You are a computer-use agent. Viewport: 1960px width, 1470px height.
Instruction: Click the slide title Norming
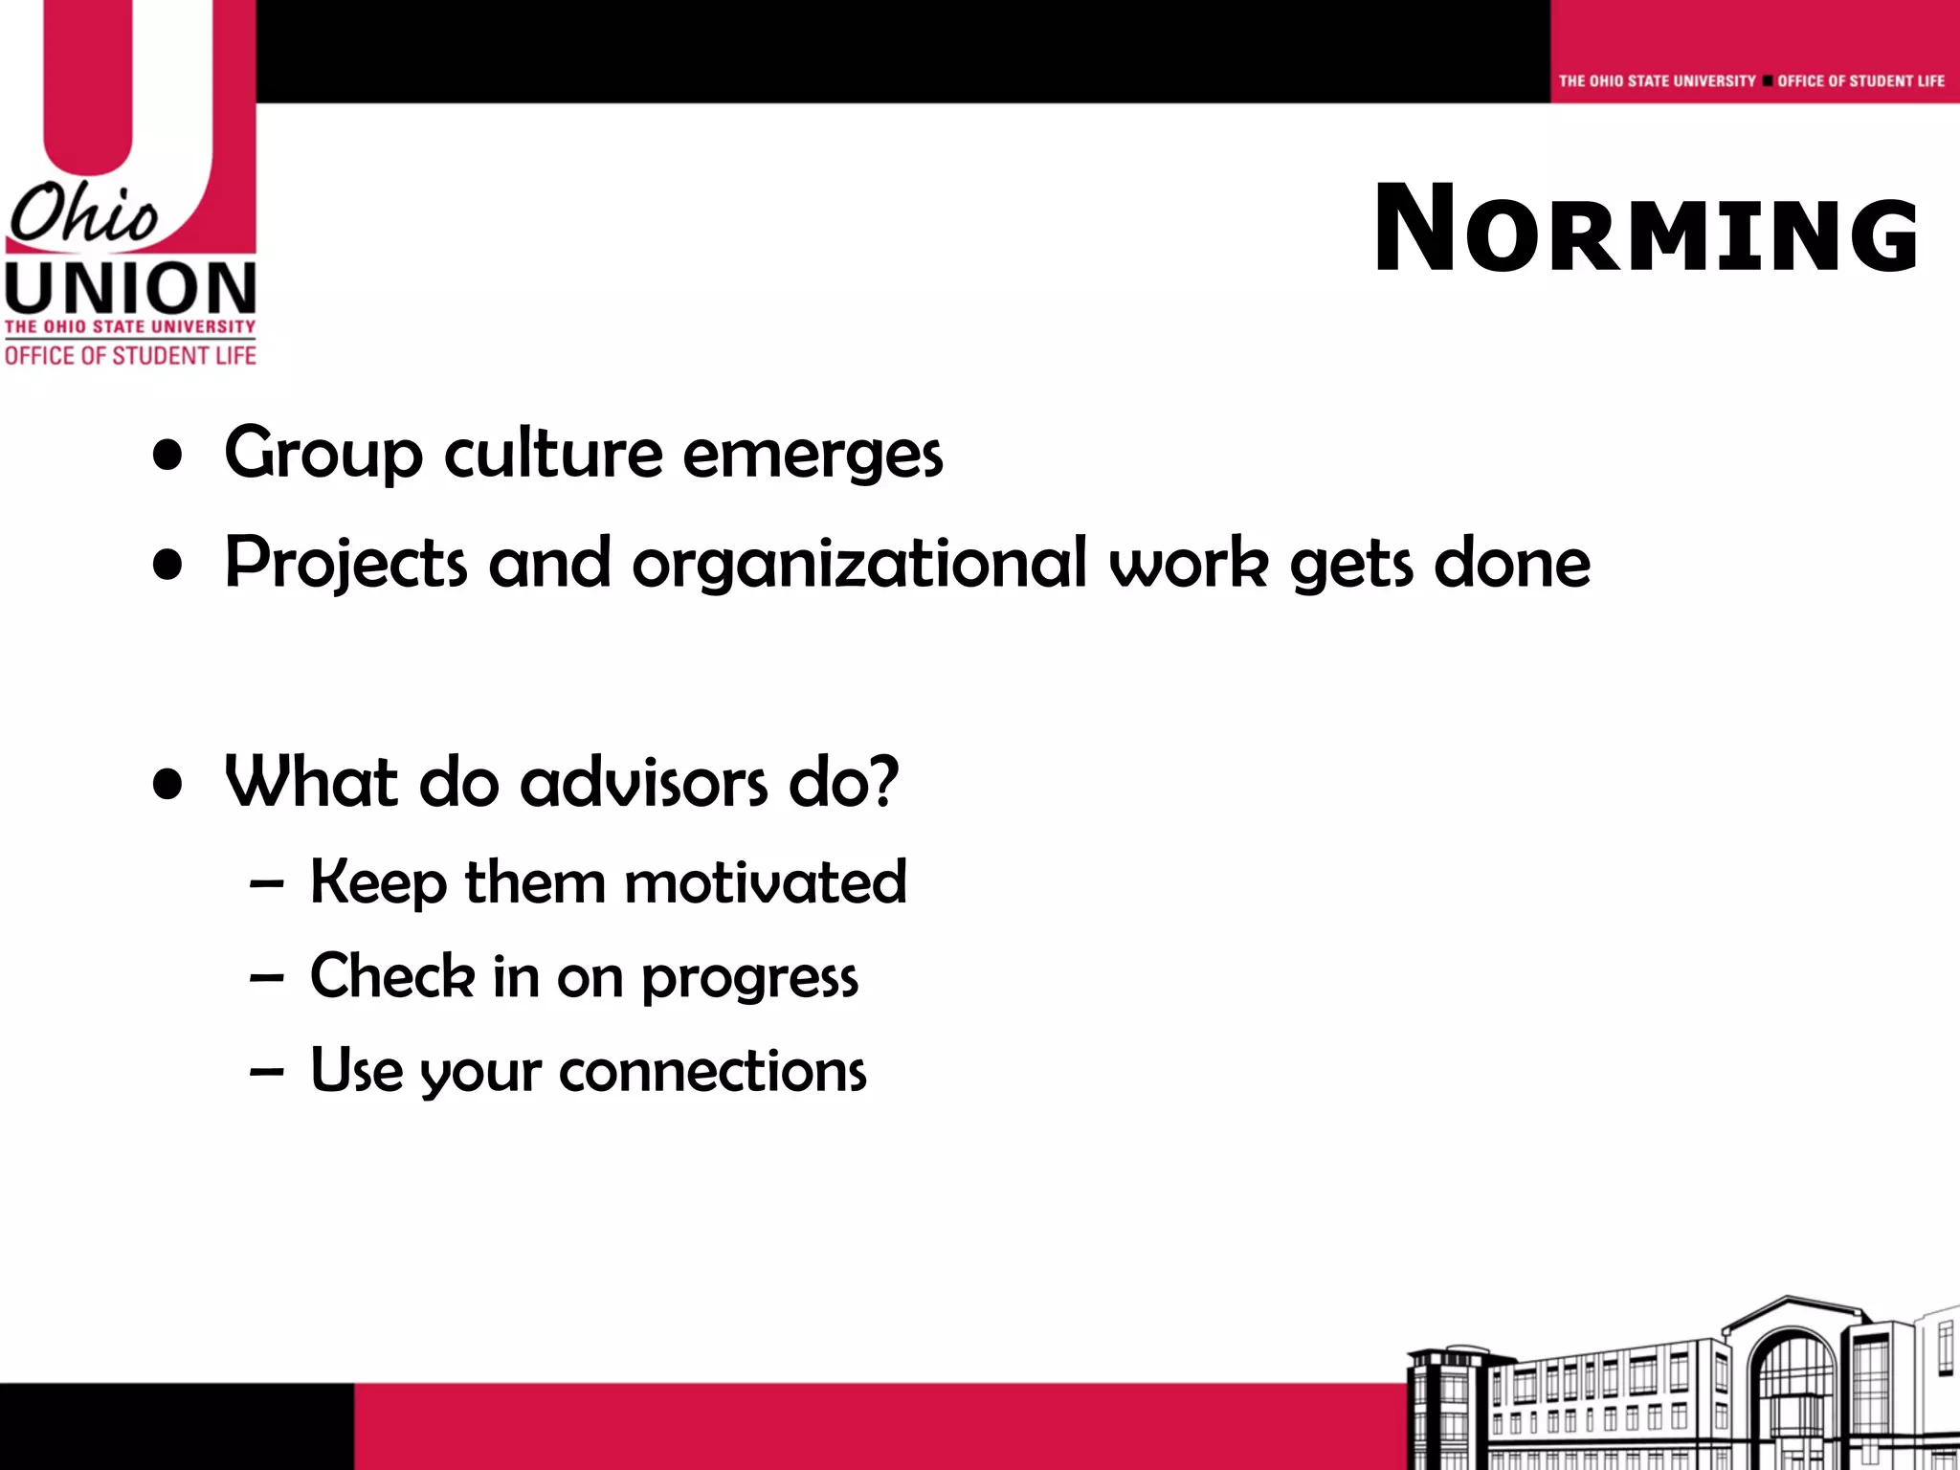(x=1645, y=231)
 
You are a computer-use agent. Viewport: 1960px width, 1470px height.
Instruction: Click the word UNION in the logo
(x=130, y=289)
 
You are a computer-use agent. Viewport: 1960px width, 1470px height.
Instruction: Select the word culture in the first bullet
(x=553, y=453)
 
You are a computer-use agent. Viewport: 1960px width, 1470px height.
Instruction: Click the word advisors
(x=644, y=782)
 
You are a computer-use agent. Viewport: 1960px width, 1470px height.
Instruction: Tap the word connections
(x=712, y=1071)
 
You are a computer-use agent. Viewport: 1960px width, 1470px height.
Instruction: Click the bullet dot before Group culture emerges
(x=167, y=457)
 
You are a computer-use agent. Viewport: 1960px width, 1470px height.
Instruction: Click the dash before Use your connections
(x=266, y=1072)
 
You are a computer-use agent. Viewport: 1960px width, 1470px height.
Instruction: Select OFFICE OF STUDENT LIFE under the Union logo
(x=130, y=356)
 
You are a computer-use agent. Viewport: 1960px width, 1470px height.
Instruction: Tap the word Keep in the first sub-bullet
(x=378, y=881)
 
